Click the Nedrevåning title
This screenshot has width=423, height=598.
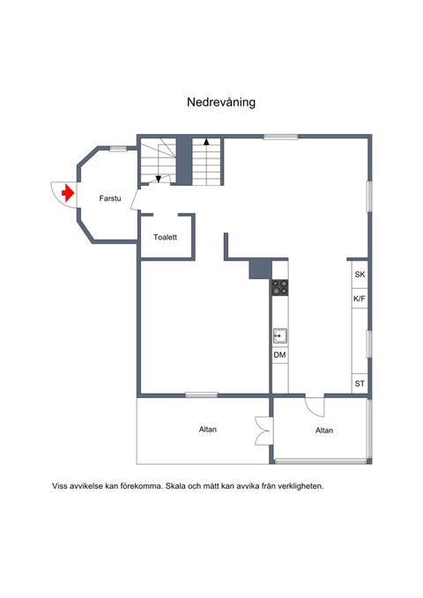pos(221,102)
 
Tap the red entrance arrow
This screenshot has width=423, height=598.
pos(68,193)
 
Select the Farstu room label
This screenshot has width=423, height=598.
pos(110,198)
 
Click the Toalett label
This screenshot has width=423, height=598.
pos(166,237)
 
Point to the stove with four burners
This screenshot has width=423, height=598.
pos(280,288)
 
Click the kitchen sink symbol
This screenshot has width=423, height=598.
pos(280,336)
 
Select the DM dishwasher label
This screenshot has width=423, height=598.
pos(279,355)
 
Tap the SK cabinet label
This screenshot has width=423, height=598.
pos(360,274)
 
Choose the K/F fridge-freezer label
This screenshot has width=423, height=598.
pos(360,299)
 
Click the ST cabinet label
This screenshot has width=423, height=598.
pos(360,384)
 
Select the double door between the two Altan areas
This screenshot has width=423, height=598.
pos(264,431)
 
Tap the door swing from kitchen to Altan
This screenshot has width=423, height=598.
pos(315,407)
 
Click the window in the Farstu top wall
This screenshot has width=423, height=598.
pos(118,149)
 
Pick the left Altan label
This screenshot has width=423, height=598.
pos(208,430)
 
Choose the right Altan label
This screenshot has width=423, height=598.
pos(324,431)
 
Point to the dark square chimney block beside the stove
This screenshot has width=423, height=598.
pos(260,269)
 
